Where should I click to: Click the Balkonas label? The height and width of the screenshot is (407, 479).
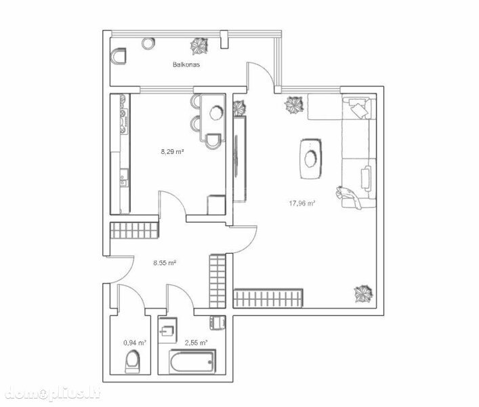click(x=186, y=64)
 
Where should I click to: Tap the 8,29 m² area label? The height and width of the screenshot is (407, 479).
click(x=172, y=151)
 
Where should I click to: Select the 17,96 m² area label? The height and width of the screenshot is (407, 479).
click(x=302, y=203)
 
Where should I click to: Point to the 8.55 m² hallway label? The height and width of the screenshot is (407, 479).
click(x=165, y=263)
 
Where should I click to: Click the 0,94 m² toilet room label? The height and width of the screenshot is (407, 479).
click(x=135, y=343)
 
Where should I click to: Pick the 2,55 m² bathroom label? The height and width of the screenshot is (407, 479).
click(x=196, y=343)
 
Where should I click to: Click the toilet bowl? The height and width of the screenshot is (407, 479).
click(x=133, y=362)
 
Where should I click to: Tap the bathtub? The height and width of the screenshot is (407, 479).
click(x=192, y=362)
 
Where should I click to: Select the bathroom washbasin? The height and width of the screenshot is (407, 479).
click(x=168, y=330)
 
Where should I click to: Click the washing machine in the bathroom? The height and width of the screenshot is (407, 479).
click(x=217, y=323)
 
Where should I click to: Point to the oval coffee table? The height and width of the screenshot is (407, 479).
click(x=311, y=159)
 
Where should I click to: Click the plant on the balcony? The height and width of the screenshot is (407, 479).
click(x=199, y=46)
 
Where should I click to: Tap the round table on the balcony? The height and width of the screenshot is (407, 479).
click(x=148, y=43)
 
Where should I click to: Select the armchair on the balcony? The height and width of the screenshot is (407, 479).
click(x=119, y=56)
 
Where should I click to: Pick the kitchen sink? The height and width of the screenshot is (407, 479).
click(x=124, y=177)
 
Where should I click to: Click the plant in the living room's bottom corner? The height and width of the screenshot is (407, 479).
click(x=363, y=294)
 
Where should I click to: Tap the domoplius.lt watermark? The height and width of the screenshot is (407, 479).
click(x=53, y=393)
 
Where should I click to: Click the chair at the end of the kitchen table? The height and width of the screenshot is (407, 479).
click(x=213, y=141)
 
